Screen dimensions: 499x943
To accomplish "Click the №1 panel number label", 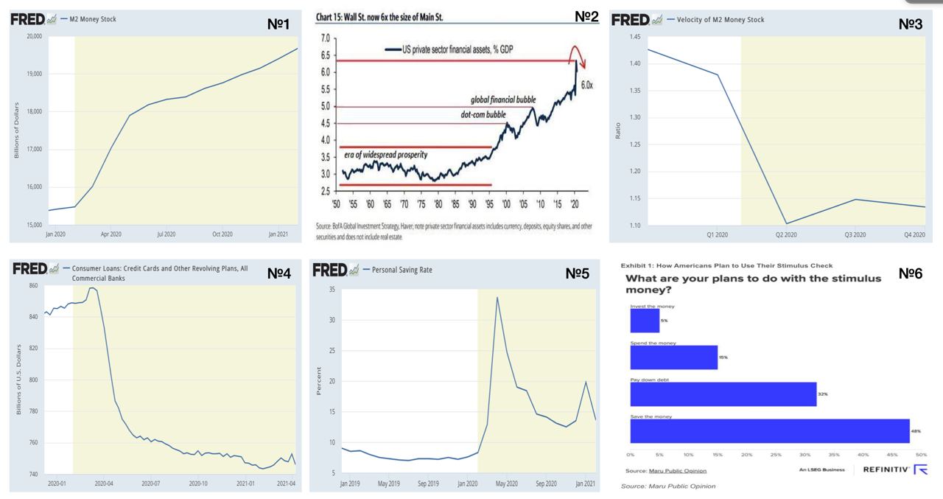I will coord(278,24).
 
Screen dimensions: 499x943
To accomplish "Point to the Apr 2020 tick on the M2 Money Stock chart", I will coord(111,234).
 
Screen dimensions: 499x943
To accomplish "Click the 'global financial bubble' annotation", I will coord(503,100).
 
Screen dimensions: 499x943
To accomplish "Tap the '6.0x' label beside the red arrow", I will coord(586,86).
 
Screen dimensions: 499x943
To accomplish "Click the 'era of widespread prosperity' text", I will coord(385,155).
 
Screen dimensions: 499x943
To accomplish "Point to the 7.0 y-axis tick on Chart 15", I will coord(324,38).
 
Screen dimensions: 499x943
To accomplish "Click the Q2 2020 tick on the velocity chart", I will coord(786,234).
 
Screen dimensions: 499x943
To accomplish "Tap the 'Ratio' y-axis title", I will coord(618,130).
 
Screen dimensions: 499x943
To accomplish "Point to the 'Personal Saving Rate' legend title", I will coord(402,270).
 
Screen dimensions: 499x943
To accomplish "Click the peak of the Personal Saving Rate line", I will coord(498,297).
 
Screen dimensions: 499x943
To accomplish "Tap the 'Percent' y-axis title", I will coord(319,381).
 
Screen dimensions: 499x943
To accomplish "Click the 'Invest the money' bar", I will coord(645,321).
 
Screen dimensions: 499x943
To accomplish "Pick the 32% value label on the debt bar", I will coord(823,394).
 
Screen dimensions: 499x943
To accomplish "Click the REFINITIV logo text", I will coord(886,470).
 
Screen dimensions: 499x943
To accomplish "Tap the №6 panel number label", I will coord(911,273).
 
